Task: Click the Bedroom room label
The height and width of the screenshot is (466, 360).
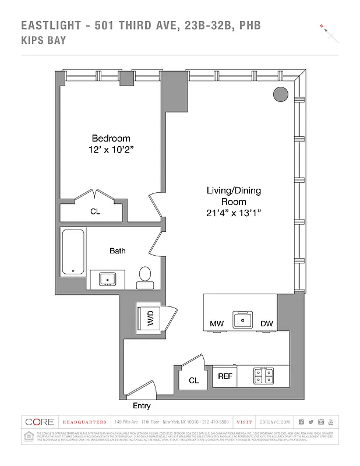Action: coord(111,139)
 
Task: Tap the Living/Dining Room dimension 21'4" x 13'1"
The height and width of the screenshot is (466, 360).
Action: coord(234,213)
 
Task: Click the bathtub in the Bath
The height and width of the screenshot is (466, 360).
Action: coord(73,252)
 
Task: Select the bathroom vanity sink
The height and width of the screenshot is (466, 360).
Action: coord(107,279)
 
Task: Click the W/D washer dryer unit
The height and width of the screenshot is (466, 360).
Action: coord(150,317)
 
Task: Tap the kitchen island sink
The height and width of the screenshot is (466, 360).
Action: coord(241,319)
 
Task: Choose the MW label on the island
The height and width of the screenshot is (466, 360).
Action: coord(217,324)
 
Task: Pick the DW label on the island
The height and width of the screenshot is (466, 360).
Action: coord(267,324)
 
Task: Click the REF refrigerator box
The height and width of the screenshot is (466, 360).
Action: coord(225,376)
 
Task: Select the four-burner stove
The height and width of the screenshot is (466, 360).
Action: coord(264,376)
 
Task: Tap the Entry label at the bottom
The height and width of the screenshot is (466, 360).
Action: coord(142,405)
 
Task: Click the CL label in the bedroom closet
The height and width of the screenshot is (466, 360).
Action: coord(95,212)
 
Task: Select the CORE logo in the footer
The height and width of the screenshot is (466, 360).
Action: coord(40,422)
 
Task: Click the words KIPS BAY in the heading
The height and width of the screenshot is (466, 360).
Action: coord(44,41)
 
